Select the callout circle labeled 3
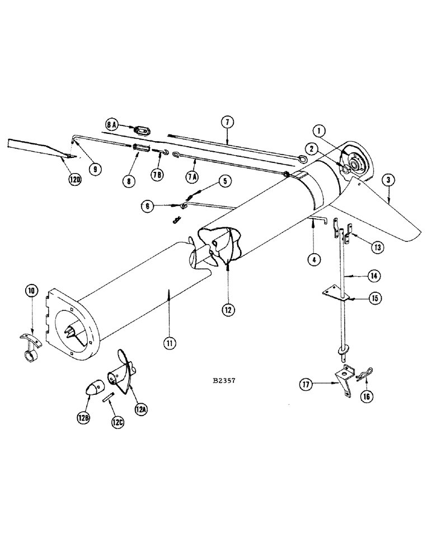click(388, 180)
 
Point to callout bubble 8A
click(111, 124)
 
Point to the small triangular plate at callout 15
click(335, 293)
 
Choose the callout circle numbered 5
click(224, 181)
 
